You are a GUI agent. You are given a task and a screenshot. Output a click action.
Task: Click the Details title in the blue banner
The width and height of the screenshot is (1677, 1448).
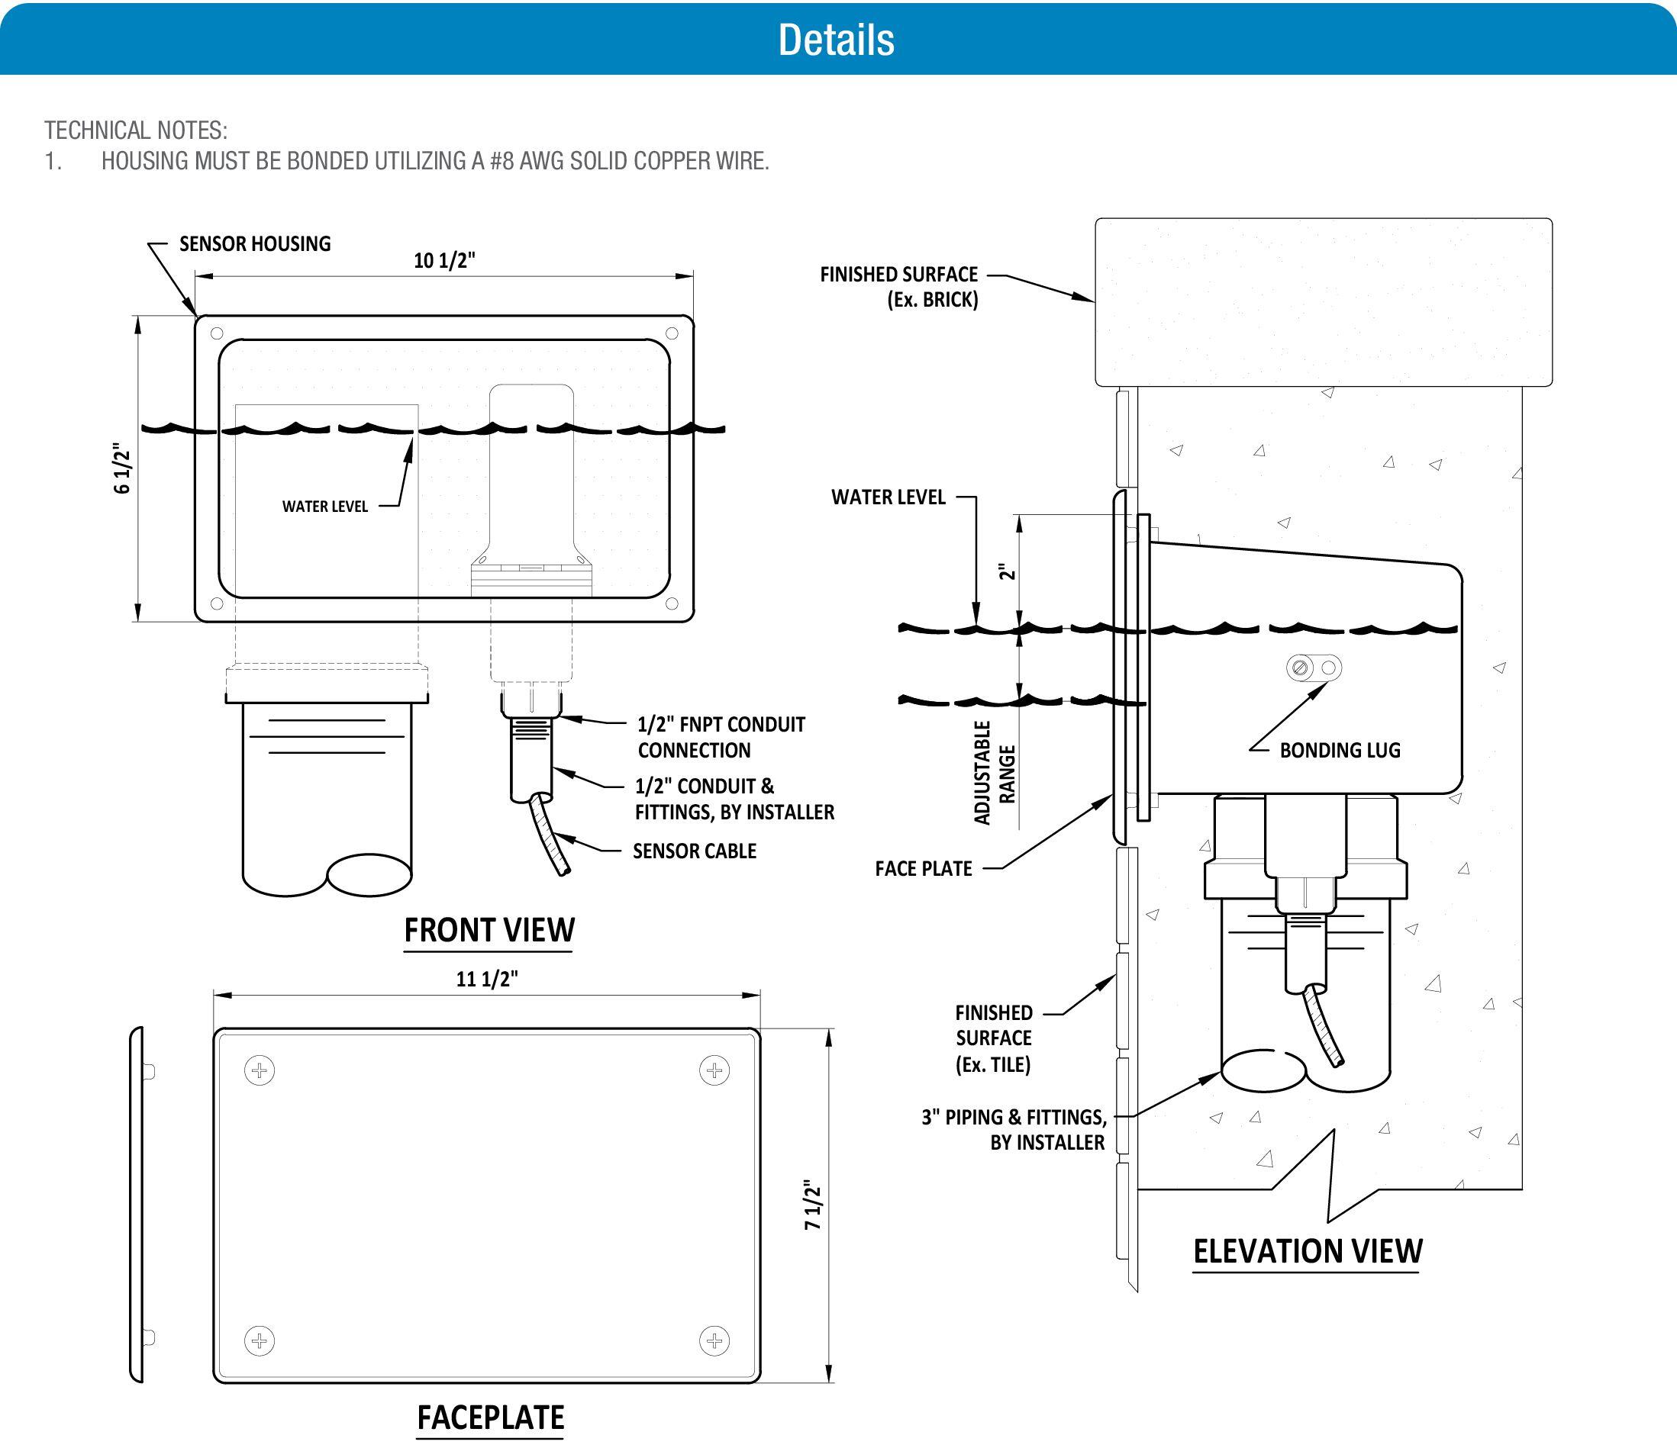836,40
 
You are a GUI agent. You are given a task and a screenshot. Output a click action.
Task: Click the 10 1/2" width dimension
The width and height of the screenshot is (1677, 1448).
443,260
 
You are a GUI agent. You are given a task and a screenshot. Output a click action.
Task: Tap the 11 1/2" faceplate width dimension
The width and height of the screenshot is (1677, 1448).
486,979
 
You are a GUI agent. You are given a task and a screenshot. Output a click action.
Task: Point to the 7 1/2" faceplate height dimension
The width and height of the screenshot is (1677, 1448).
813,1206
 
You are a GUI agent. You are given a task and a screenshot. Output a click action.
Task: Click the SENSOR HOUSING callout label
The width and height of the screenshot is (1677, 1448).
255,243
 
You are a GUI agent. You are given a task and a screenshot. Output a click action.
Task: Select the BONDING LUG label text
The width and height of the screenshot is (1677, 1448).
1340,750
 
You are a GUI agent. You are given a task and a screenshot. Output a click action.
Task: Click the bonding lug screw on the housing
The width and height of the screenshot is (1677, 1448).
1301,668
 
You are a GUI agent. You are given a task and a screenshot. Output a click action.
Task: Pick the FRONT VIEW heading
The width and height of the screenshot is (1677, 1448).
489,930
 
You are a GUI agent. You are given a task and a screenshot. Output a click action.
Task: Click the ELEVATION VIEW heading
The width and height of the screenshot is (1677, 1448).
1307,1251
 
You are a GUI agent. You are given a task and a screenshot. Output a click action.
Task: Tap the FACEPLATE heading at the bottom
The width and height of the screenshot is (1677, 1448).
491,1418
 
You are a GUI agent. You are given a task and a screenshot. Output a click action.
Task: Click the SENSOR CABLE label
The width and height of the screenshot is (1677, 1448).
695,851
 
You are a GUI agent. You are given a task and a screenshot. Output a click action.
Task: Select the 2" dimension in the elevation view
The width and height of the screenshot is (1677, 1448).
1007,572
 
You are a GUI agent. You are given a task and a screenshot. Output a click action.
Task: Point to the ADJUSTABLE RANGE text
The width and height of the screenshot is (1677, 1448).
994,774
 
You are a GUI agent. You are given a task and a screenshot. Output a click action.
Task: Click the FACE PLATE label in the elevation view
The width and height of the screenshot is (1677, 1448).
923,869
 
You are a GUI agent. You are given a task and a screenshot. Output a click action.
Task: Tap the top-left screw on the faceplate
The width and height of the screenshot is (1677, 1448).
260,1071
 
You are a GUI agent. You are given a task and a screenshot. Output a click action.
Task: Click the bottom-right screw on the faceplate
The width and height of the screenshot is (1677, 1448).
714,1341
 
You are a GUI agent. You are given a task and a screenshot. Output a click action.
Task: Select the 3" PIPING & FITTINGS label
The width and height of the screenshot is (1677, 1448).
1014,1129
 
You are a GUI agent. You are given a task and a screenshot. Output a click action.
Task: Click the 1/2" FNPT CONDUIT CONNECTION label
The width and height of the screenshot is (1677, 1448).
721,737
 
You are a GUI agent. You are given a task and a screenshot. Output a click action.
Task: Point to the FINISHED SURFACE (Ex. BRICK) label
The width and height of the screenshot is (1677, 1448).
898,286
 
